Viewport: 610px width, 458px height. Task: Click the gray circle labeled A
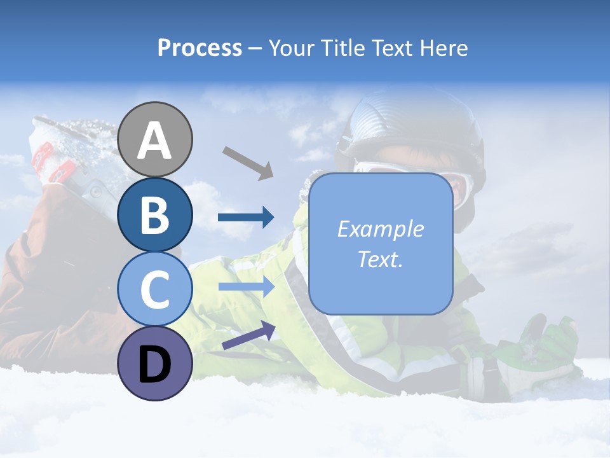(x=155, y=139)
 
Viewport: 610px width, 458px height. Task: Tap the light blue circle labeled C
(x=155, y=289)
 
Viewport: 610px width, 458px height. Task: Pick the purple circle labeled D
(x=155, y=363)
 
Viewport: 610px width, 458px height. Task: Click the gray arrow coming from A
(x=247, y=162)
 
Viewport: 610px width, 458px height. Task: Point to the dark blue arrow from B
(x=246, y=218)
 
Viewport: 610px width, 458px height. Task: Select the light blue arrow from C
(x=246, y=287)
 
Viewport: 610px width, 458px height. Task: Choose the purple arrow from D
(x=248, y=335)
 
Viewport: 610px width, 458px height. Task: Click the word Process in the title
(x=200, y=48)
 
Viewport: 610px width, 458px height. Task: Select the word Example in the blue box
(x=381, y=229)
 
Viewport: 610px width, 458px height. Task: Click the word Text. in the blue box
(x=381, y=259)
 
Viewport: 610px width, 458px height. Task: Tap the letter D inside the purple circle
(x=155, y=364)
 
